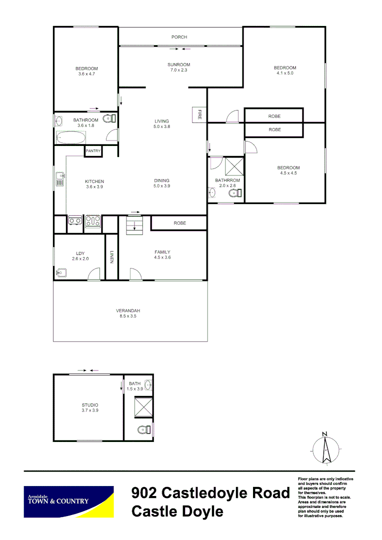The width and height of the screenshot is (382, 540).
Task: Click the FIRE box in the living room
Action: pyautogui.click(x=199, y=114)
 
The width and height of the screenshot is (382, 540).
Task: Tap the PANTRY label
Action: pyautogui.click(x=93, y=151)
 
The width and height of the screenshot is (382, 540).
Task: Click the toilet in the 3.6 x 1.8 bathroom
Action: pyautogui.click(x=109, y=118)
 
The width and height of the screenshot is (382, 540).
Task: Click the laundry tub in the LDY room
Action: pyautogui.click(x=61, y=272)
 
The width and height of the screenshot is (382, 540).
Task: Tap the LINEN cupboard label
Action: pyautogui.click(x=111, y=257)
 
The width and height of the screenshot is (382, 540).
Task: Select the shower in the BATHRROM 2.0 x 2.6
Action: pyautogui.click(x=234, y=165)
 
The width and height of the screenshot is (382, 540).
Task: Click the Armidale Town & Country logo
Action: pyautogui.click(x=69, y=501)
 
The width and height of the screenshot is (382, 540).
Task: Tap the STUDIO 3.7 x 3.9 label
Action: pyautogui.click(x=90, y=408)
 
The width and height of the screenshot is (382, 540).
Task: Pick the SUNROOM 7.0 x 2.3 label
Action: pyautogui.click(x=178, y=67)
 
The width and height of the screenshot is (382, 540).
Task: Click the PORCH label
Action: pyautogui.click(x=179, y=37)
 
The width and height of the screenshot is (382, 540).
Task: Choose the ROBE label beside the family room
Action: pyautogui.click(x=179, y=223)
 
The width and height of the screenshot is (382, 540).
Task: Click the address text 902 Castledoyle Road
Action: pyautogui.click(x=210, y=493)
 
